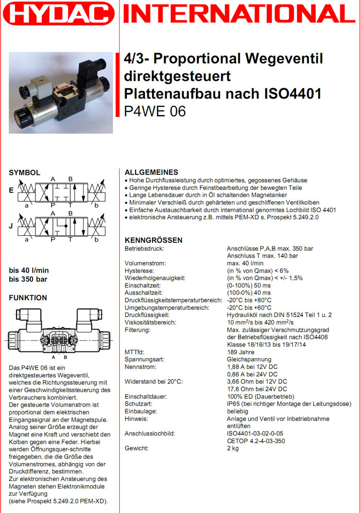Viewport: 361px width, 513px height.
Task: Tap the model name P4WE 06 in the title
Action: point(155,111)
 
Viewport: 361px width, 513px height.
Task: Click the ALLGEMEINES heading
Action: point(152,172)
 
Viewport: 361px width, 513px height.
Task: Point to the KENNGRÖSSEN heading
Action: point(154,241)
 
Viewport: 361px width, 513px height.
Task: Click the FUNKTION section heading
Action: point(28,298)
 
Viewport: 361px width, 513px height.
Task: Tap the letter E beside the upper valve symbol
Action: point(11,190)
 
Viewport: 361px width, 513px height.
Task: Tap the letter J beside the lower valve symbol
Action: point(11,225)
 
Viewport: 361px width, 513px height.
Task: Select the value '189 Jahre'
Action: point(241,352)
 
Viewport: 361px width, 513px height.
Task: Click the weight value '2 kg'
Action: point(233,448)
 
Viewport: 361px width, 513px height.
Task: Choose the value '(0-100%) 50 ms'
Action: point(249,285)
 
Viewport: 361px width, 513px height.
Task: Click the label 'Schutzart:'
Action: point(139,404)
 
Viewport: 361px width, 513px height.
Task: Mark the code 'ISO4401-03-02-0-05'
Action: point(255,434)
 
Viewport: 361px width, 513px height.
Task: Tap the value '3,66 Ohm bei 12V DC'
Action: point(257,381)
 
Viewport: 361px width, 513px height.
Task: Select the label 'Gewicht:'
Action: point(137,448)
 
